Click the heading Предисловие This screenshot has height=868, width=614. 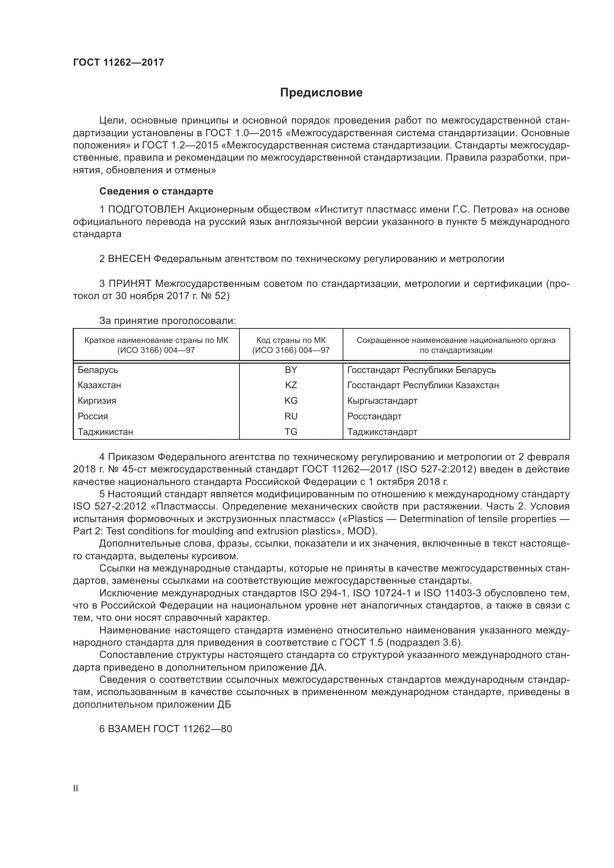pyautogui.click(x=321, y=93)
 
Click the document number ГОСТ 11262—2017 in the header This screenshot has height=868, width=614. pyautogui.click(x=118, y=62)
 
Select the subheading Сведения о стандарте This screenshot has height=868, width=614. pyautogui.click(x=156, y=191)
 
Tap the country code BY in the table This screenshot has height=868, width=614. pyautogui.click(x=291, y=370)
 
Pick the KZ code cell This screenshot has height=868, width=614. pyautogui.click(x=291, y=385)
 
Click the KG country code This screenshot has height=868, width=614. pyautogui.click(x=291, y=401)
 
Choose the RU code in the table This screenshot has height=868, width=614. pyautogui.click(x=291, y=416)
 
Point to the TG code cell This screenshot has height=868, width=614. pyautogui.click(x=291, y=432)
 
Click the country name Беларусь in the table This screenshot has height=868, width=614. pyautogui.click(x=98, y=370)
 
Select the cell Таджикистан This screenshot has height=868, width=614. pyautogui.click(x=105, y=432)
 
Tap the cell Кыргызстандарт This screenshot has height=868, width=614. pyautogui.click(x=382, y=401)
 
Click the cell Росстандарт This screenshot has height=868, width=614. pyautogui.click(x=374, y=416)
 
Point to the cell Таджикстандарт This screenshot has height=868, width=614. pyautogui.click(x=382, y=432)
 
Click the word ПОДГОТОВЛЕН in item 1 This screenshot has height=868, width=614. pyautogui.click(x=146, y=209)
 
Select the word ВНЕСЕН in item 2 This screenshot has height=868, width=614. pyautogui.click(x=129, y=259)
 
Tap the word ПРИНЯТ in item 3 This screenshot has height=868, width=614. pyautogui.click(x=130, y=284)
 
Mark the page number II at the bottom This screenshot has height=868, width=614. pyautogui.click(x=76, y=789)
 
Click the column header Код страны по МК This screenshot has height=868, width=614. pyautogui.click(x=291, y=340)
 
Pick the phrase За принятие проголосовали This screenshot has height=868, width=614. pyautogui.click(x=167, y=321)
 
